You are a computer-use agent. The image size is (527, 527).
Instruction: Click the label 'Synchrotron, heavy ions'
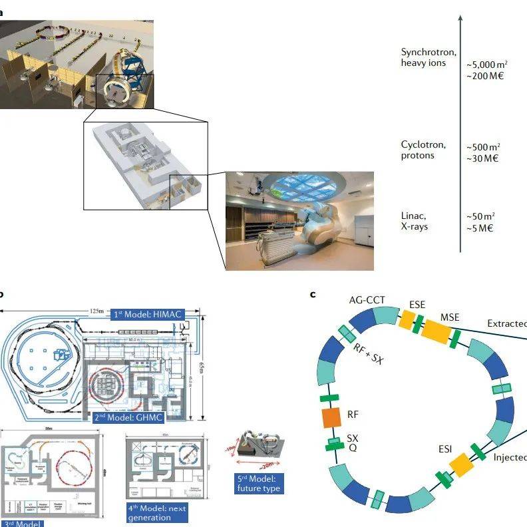click(x=423, y=57)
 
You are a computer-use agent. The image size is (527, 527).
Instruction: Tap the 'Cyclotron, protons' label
click(x=423, y=150)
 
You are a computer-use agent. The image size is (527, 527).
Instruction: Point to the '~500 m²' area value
click(x=483, y=146)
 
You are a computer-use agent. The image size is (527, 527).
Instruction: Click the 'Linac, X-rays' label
click(x=415, y=221)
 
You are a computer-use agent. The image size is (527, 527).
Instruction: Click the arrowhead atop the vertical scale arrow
click(x=460, y=21)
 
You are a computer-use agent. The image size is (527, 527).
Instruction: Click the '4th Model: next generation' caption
click(x=158, y=513)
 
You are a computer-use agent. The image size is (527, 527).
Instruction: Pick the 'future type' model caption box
click(x=258, y=483)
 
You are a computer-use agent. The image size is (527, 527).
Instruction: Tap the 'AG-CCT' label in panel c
click(x=367, y=300)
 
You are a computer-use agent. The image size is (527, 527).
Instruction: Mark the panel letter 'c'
click(x=313, y=294)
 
